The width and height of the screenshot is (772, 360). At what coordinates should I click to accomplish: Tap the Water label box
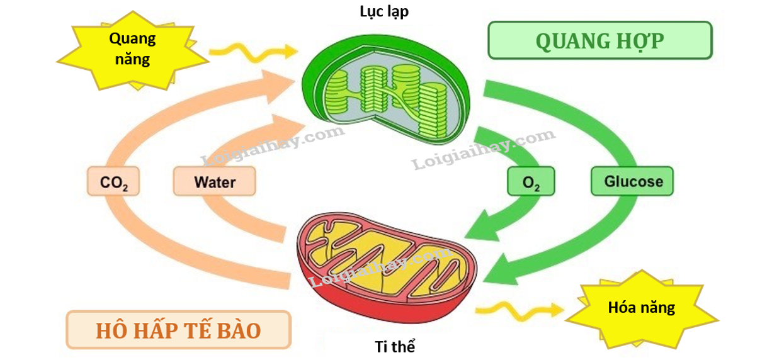(x=215, y=183)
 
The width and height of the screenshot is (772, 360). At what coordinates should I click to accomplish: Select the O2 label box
(x=531, y=183)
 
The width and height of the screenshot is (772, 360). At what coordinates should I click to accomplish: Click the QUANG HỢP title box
(x=599, y=40)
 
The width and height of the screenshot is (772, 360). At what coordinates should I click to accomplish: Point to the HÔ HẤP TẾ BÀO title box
(x=179, y=330)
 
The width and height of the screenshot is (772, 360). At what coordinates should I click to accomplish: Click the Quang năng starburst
(x=132, y=50)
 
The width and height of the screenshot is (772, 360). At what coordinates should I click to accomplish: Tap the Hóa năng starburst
(x=642, y=308)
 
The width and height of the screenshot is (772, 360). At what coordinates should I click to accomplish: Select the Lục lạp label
(x=384, y=12)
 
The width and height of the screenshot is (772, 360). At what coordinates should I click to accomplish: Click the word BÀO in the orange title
(x=237, y=330)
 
